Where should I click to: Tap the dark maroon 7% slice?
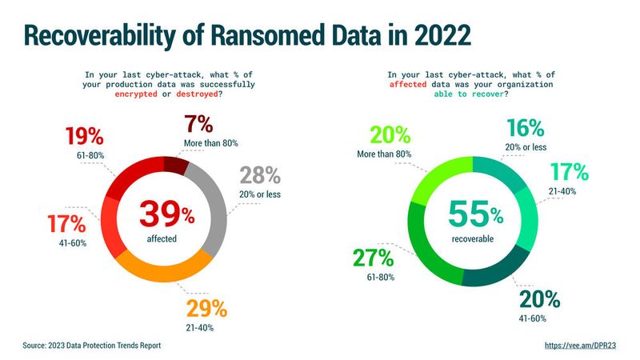coord(176,162)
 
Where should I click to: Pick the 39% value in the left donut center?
coord(166,214)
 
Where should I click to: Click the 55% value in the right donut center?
coord(474,214)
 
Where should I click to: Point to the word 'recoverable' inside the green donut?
coord(472,238)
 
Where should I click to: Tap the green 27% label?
coord(372,258)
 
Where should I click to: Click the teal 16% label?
coord(525,127)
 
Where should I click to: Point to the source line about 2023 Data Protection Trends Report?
coord(92,345)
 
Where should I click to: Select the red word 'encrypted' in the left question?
coord(121,94)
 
